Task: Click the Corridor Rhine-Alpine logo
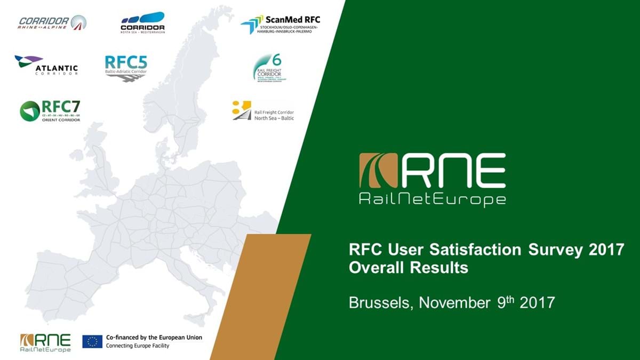[52, 22]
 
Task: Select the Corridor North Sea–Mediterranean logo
[142, 22]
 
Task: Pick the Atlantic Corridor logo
[46, 65]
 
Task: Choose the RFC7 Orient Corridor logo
[50, 110]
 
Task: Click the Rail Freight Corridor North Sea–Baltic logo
[263, 110]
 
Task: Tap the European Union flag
[92, 342]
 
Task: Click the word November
[454, 303]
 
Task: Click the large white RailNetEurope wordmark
[433, 200]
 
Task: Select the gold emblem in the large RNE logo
[378, 170]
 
